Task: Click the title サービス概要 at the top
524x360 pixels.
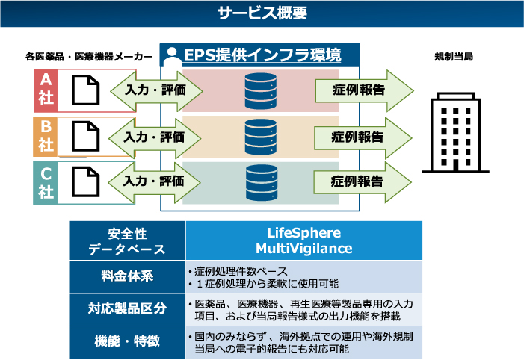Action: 262,13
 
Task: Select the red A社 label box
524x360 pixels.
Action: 46,90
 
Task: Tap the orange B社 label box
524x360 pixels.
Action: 46,136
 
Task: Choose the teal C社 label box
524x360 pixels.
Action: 46,182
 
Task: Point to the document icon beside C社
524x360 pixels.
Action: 85,182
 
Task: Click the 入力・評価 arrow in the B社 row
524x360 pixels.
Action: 155,137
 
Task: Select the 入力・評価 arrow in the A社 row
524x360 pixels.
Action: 155,91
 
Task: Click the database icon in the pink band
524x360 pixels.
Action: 260,90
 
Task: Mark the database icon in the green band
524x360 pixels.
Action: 260,181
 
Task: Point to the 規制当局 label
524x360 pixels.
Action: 453,57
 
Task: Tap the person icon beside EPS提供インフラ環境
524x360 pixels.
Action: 173,58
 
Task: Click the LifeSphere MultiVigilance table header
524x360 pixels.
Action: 303,240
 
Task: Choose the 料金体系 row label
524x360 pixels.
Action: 127,276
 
